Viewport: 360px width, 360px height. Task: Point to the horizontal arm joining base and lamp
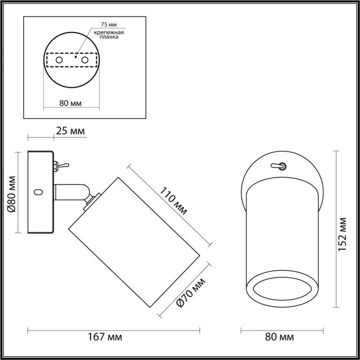click(70, 192)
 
